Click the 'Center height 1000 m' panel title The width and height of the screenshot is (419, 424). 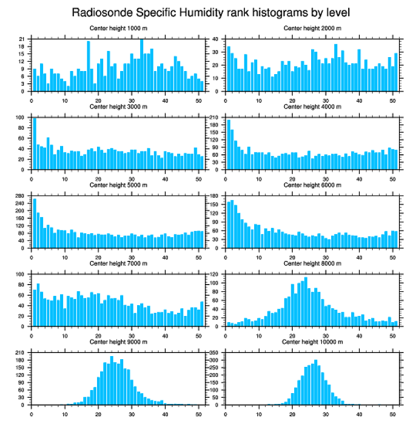[x=118, y=28]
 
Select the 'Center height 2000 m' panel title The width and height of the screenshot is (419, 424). [x=312, y=28]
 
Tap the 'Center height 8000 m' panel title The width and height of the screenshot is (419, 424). [x=312, y=263]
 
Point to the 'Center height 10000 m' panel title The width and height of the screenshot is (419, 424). [x=312, y=342]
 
